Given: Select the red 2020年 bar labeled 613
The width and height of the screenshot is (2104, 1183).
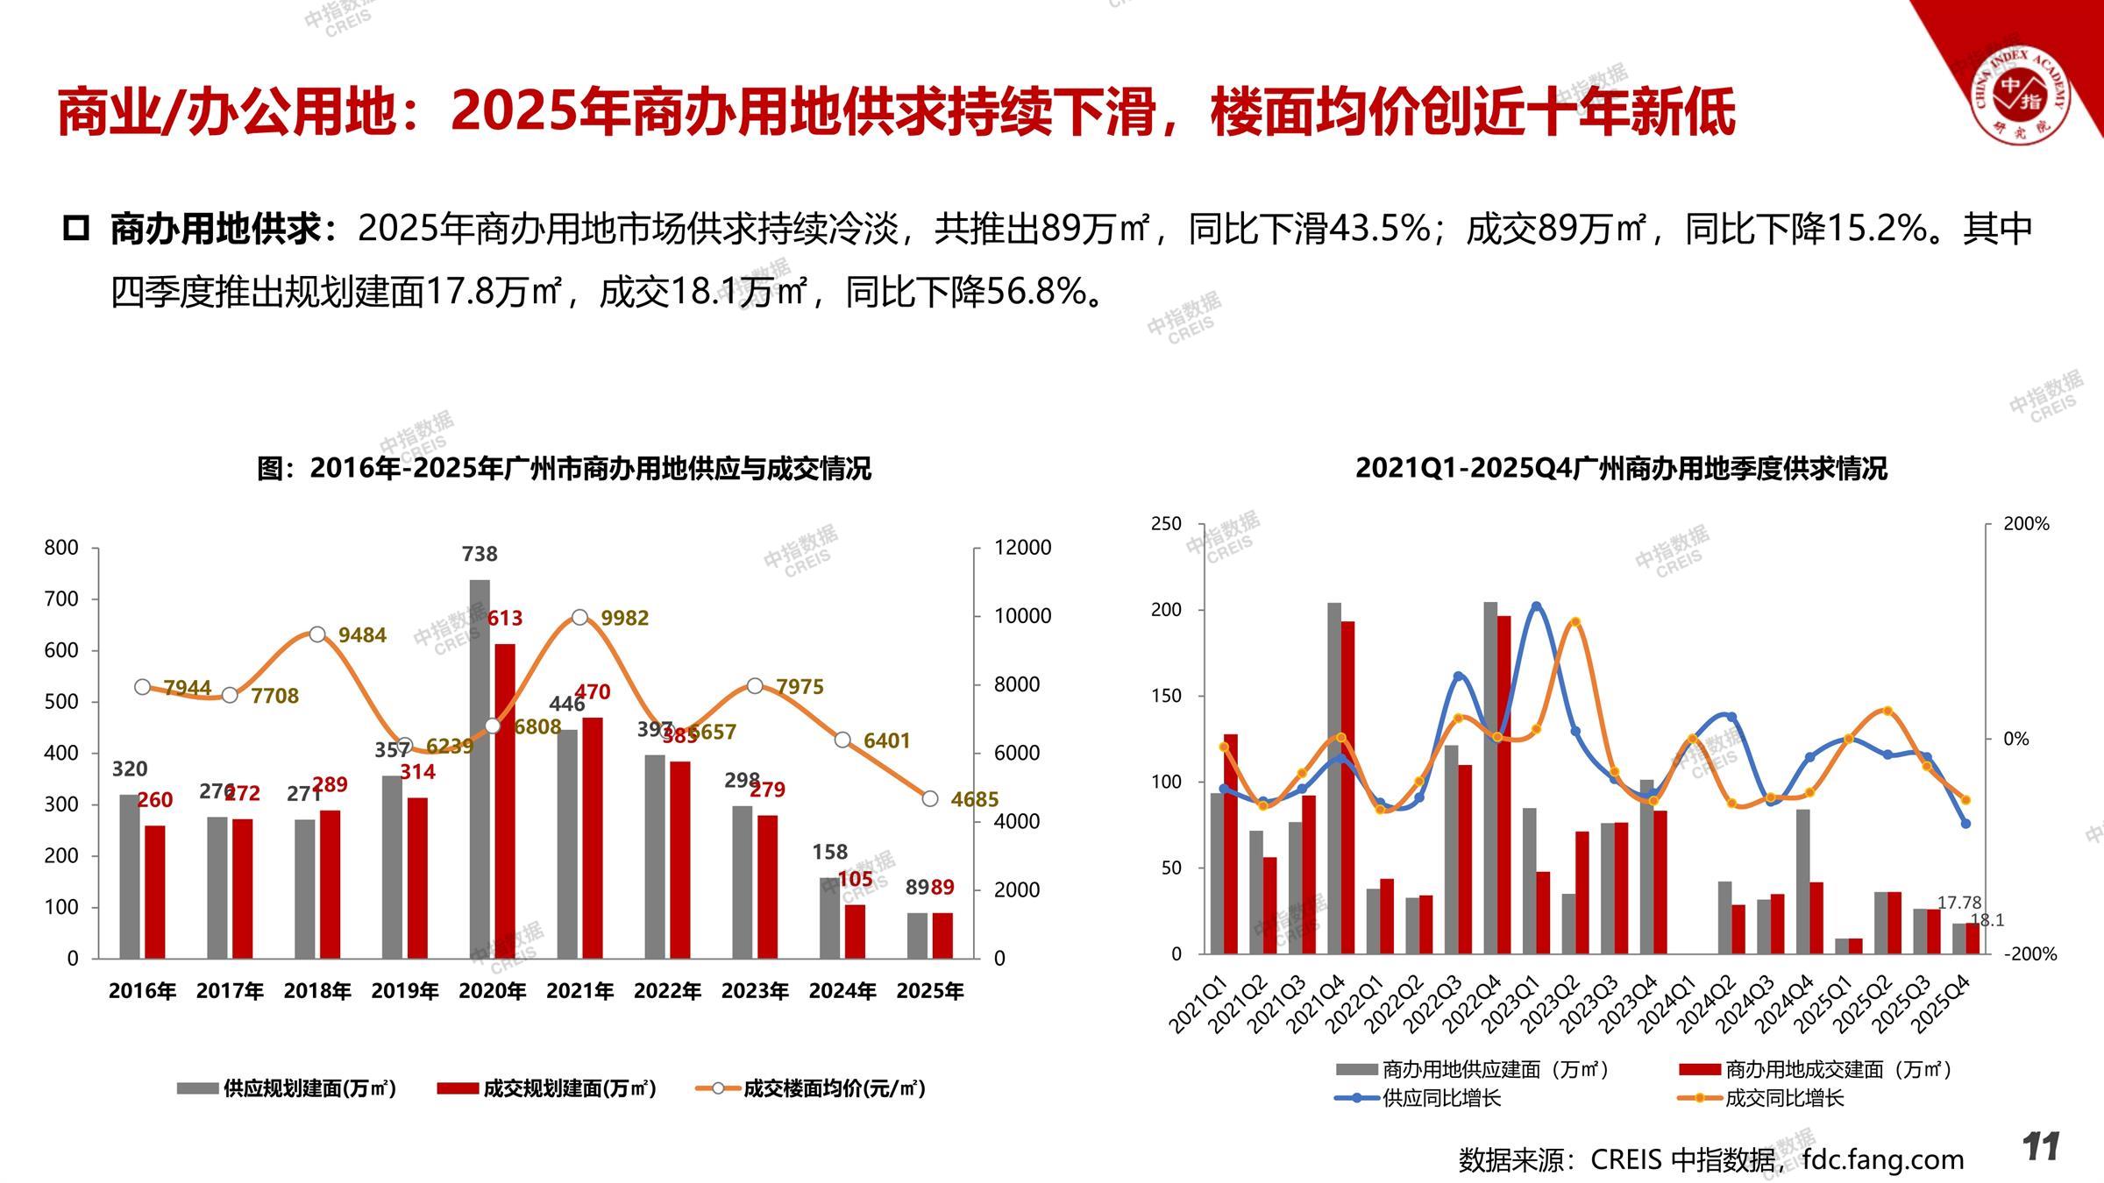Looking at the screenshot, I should [x=505, y=801].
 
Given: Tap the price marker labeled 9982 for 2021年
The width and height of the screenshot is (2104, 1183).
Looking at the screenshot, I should [x=579, y=618].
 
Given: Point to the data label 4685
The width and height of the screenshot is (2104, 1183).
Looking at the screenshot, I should [x=974, y=799].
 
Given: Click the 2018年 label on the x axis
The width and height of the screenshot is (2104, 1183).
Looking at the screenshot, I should [x=317, y=991].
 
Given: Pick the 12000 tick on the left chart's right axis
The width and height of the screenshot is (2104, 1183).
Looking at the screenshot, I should [x=1022, y=548].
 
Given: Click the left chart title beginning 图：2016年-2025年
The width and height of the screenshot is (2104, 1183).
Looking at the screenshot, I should [x=564, y=469].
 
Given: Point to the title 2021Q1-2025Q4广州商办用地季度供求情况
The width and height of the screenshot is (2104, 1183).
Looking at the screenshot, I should [x=1621, y=469].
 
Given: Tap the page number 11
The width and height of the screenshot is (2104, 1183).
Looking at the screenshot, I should [x=2041, y=1147].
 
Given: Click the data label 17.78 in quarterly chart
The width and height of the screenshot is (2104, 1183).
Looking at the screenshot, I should [x=1959, y=903].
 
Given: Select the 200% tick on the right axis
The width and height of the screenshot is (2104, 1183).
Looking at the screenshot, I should [x=2026, y=524].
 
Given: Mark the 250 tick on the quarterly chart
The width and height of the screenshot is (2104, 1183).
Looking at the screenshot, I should [x=1166, y=524].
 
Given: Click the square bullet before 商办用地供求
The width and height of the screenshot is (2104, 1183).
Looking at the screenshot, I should [x=77, y=230].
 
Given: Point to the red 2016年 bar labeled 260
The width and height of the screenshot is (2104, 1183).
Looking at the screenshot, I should [x=155, y=891].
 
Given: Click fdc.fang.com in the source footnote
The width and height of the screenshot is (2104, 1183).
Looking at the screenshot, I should [x=1882, y=1159].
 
